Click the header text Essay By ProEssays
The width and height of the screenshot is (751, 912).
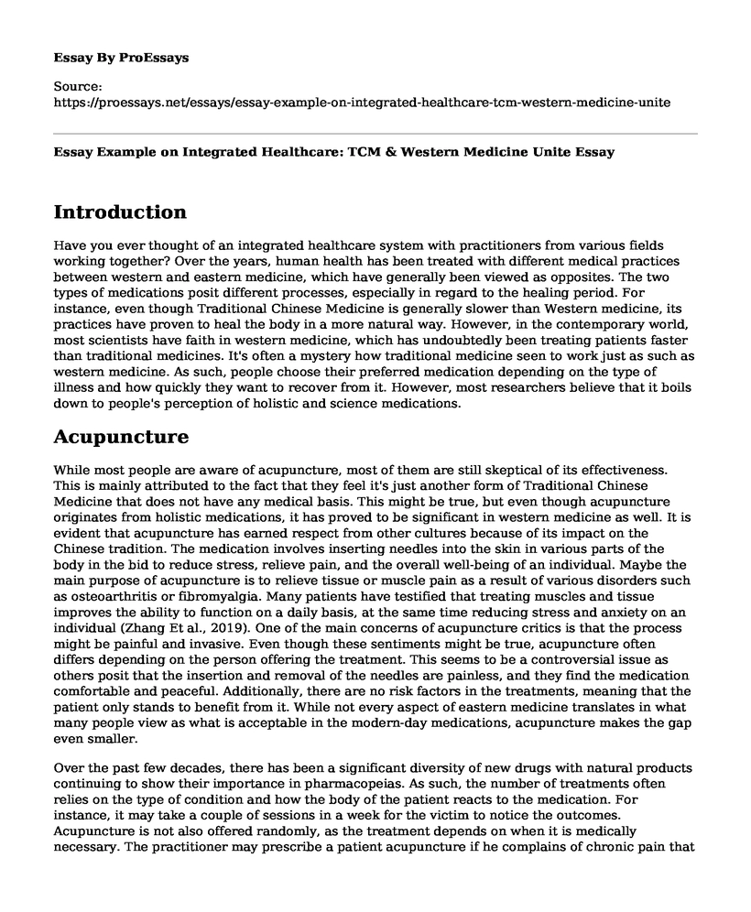click(x=121, y=57)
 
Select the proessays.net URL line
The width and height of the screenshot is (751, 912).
click(x=363, y=103)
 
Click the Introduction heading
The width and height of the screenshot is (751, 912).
click(x=120, y=212)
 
